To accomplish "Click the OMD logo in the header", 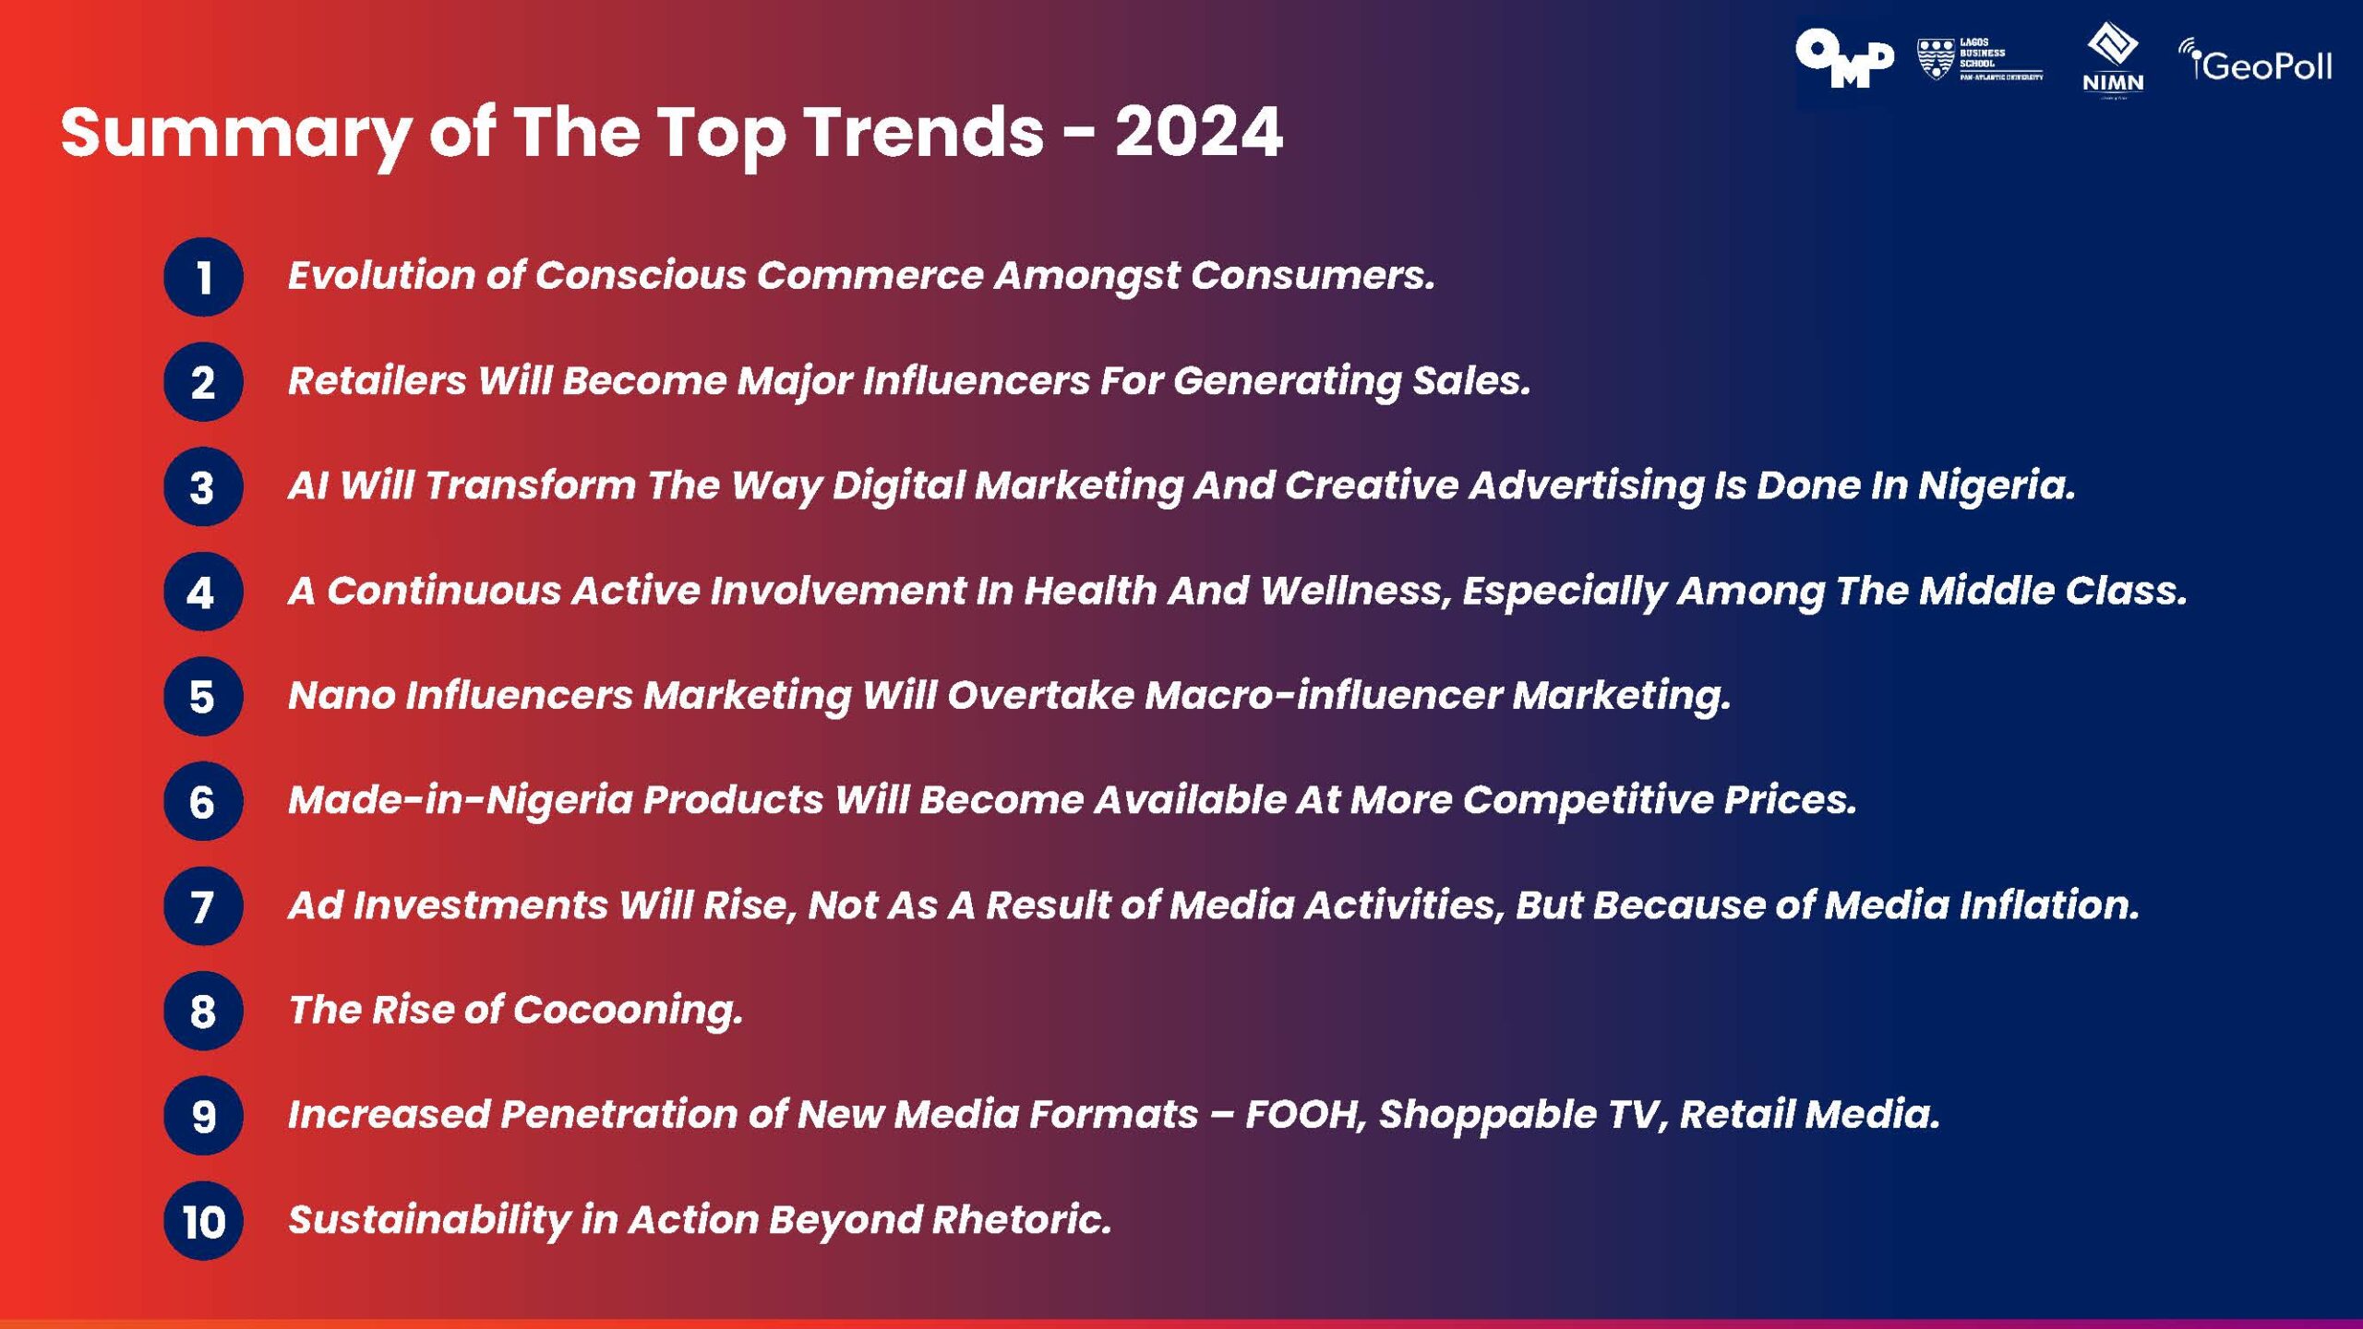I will [x=1843, y=59].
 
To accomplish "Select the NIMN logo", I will [x=2113, y=60].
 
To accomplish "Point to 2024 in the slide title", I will [x=1198, y=132].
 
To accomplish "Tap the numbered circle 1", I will [x=203, y=277].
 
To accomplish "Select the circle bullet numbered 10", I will [x=203, y=1221].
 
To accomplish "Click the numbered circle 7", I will [x=203, y=906].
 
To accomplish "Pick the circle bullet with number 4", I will [x=203, y=592].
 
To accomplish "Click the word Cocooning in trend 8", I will [x=627, y=1010].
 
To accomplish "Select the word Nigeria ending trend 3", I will [x=1996, y=485].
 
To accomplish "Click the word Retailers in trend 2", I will [x=378, y=380].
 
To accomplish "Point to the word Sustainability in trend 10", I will [x=429, y=1220].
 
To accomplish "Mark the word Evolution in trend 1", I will [x=381, y=275].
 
